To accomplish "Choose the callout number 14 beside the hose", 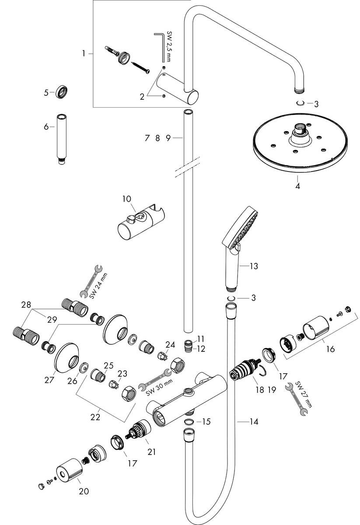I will pyautogui.click(x=253, y=422).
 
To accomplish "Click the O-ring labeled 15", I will pyautogui.click(x=188, y=422).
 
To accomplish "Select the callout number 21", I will pyautogui.click(x=151, y=451).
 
